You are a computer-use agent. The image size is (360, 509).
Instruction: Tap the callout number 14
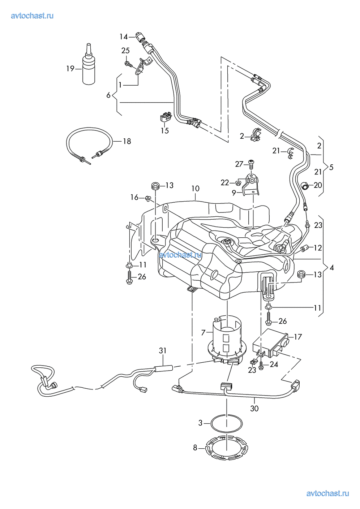click(124, 36)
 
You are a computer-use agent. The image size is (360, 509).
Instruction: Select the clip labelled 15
click(166, 116)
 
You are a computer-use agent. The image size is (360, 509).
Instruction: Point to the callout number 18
click(127, 141)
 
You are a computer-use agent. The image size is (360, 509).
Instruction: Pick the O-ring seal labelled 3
click(227, 423)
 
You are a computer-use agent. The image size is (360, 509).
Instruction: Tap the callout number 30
click(254, 408)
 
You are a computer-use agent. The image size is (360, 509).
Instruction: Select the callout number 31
click(163, 350)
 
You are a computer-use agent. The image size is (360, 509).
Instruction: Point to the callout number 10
click(195, 188)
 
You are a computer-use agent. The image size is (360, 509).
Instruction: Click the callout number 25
click(125, 50)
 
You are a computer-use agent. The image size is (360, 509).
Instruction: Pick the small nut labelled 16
click(148, 198)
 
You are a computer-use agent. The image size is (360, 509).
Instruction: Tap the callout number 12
click(317, 248)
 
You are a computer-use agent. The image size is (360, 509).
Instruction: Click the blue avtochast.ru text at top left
click(32, 16)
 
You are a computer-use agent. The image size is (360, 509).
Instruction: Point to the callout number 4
click(332, 268)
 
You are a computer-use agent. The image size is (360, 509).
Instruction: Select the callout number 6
click(108, 95)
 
